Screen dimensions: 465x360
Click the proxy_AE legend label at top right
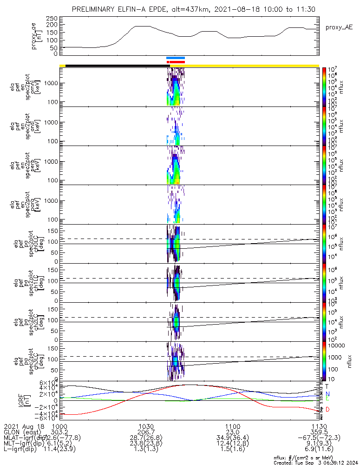(336, 27)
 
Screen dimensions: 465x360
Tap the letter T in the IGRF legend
(327, 386)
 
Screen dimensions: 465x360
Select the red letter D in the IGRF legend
(327, 409)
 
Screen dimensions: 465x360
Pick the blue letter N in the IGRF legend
(327, 393)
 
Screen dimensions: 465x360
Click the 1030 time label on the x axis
(146, 426)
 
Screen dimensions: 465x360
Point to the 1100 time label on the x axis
(232, 426)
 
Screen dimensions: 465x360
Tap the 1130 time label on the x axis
(319, 426)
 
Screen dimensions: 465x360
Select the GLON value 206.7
(146, 432)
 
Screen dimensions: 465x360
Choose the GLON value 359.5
(319, 432)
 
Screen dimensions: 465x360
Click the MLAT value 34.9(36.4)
(232, 438)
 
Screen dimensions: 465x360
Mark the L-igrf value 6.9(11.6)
(319, 449)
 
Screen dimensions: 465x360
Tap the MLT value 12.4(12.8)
(232, 443)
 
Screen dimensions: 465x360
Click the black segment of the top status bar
(116, 66)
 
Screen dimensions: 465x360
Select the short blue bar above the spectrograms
(176, 58)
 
